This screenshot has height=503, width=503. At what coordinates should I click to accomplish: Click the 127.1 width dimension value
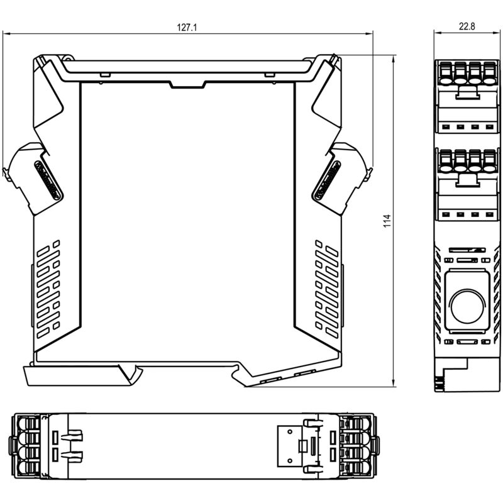tap(187, 28)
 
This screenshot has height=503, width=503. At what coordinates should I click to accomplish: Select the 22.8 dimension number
tap(467, 26)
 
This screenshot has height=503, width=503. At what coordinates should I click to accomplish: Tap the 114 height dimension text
tap(387, 221)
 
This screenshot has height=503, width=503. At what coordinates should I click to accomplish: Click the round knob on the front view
tap(467, 306)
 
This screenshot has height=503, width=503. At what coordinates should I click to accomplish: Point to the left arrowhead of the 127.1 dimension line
tap(6, 33)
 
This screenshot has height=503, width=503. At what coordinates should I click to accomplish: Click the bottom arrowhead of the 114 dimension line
tap(394, 384)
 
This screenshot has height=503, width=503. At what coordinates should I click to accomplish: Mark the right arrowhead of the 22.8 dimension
tap(497, 32)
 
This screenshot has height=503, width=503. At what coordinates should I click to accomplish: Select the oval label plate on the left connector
tap(48, 180)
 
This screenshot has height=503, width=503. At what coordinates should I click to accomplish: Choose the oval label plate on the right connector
tap(326, 180)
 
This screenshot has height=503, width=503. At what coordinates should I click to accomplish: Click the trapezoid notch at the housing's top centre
tap(187, 85)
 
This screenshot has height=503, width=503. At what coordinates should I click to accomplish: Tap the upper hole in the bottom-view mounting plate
tap(290, 432)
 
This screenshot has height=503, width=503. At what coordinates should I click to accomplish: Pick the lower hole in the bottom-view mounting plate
tap(290, 461)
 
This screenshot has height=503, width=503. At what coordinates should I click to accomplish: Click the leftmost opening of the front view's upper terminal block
tap(445, 80)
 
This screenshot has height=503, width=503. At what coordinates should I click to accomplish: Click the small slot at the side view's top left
tap(105, 75)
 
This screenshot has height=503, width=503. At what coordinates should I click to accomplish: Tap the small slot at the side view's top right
tap(269, 75)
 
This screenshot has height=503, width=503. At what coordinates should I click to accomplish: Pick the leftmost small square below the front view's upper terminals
tap(445, 127)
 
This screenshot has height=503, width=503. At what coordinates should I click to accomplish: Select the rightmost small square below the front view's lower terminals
tap(489, 214)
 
